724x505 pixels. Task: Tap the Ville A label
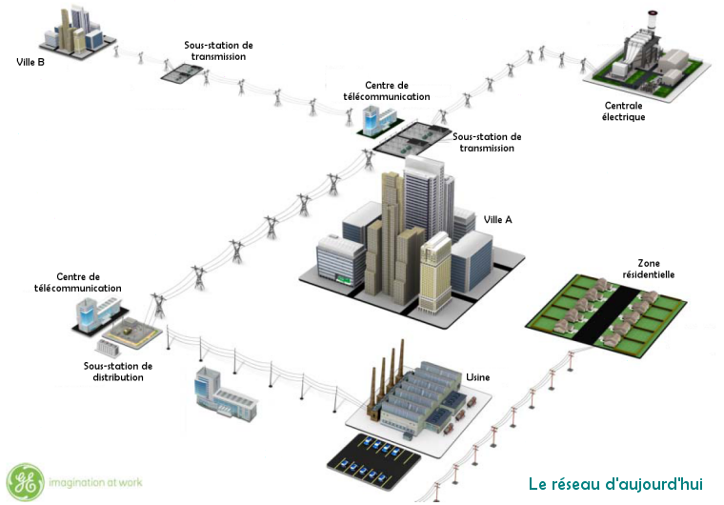tap(497, 219)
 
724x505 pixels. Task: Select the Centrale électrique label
tap(624, 111)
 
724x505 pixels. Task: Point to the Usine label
tap(478, 378)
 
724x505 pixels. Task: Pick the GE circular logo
tap(24, 482)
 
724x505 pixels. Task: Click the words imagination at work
tap(95, 483)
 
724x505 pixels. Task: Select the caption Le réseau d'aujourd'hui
tap(615, 484)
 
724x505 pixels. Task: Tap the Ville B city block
tap(76, 30)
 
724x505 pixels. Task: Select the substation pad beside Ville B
tap(181, 71)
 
